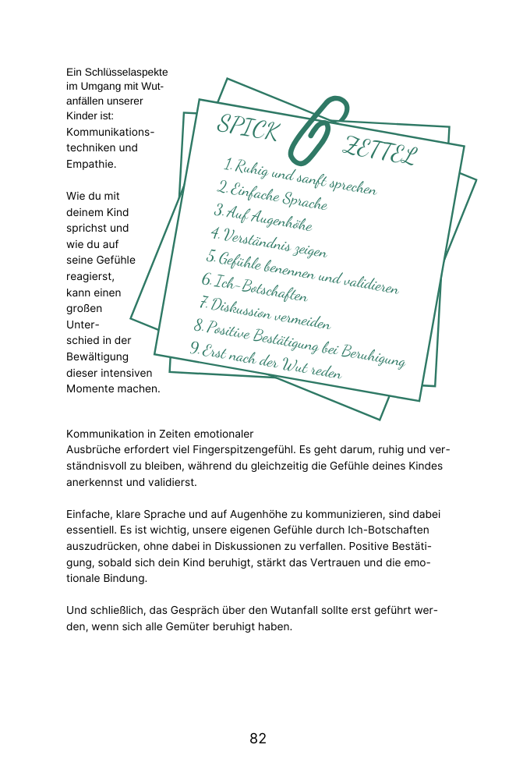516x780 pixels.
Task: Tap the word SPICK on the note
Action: coord(247,128)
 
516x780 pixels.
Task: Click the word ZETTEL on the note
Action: coord(381,151)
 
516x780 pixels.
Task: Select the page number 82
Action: coord(258,739)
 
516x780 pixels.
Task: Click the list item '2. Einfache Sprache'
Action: coord(272,196)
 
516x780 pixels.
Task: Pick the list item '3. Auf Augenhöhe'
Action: coord(263,218)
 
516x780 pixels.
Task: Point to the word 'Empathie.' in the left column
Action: coord(91,164)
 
